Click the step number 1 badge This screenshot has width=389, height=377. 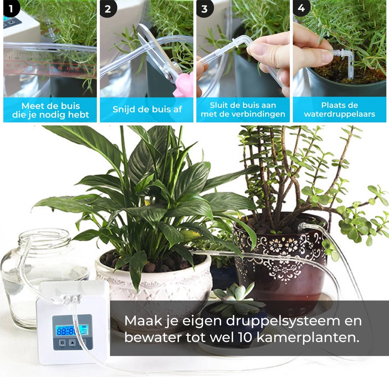click(x=11, y=8)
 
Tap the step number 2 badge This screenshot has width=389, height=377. click(x=108, y=8)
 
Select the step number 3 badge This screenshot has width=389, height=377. click(x=204, y=8)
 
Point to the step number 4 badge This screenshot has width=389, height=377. click(x=301, y=8)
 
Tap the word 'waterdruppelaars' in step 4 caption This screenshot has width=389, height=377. click(x=339, y=114)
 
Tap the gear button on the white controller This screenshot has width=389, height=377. click(x=62, y=343)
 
